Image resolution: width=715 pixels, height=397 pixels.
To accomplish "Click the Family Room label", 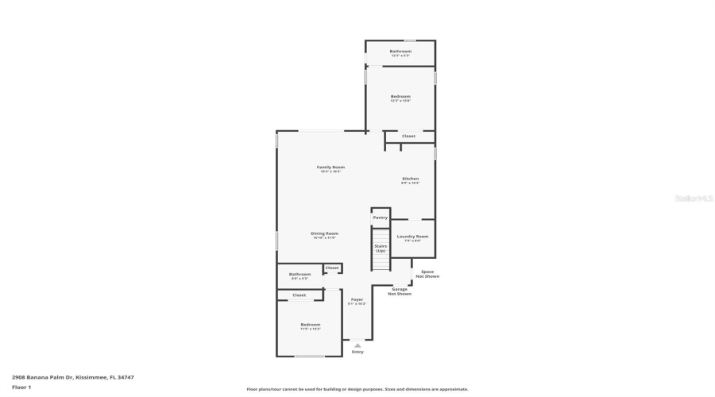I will [330, 168].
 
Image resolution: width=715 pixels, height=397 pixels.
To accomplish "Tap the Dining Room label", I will [324, 233].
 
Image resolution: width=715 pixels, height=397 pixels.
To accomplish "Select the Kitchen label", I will [410, 179].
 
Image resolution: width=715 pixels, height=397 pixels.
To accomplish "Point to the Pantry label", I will [381, 218].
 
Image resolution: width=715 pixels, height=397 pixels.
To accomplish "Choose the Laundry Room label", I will [412, 237].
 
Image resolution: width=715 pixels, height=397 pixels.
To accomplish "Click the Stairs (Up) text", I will [381, 248].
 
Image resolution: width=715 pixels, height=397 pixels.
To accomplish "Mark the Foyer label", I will [357, 299].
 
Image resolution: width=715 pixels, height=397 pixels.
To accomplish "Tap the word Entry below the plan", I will [357, 352].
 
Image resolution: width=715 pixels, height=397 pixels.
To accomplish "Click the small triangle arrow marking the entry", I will [357, 345].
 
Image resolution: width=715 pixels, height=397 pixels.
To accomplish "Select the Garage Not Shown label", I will [400, 291].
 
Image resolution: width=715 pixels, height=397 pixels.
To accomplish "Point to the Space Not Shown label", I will [427, 274].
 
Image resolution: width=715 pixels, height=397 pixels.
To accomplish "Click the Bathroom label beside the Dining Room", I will [300, 275].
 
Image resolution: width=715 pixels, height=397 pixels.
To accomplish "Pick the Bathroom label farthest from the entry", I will [400, 52].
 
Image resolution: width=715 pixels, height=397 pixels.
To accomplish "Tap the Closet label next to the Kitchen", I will [408, 137].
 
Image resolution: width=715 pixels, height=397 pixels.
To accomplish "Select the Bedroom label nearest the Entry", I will [310, 325].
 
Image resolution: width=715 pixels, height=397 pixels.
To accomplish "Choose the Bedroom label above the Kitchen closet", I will [400, 97].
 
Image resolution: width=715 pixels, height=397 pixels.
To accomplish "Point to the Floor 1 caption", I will [21, 387].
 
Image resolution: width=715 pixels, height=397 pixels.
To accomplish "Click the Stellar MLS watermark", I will [695, 198].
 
